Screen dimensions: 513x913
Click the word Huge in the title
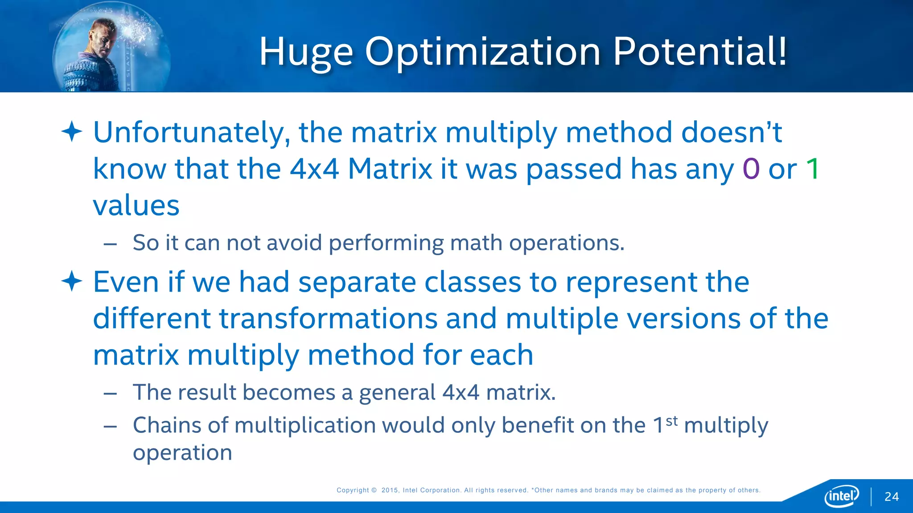pos(306,53)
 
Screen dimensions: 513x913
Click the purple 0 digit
pos(751,169)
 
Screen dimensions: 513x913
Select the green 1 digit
pos(813,169)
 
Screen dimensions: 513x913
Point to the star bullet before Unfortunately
pos(72,132)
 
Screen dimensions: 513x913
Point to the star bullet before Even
pos(72,281)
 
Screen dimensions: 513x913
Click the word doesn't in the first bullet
pos(732,132)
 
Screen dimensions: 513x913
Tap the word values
pos(136,206)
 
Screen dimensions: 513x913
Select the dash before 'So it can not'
pos(110,244)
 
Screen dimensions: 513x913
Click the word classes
pos(473,282)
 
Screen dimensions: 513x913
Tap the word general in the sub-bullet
pos(397,393)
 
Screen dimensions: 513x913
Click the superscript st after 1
pos(672,420)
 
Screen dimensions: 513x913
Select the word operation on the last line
pos(182,453)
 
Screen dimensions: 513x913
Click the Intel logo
pos(842,496)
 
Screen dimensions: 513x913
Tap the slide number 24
pos(892,497)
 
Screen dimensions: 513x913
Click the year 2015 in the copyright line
pos(390,490)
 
